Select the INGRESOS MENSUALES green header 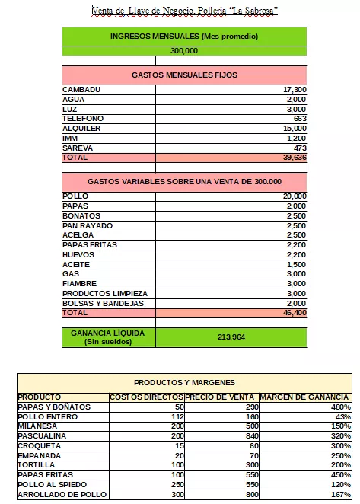coord(184,37)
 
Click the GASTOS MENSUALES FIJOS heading coord(184,75)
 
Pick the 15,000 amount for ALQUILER coord(294,129)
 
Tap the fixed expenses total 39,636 coord(294,158)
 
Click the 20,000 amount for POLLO coord(294,196)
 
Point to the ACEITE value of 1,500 coord(296,264)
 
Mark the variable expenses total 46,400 coord(294,313)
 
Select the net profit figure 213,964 coord(231,337)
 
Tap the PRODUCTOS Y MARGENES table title coord(184,382)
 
